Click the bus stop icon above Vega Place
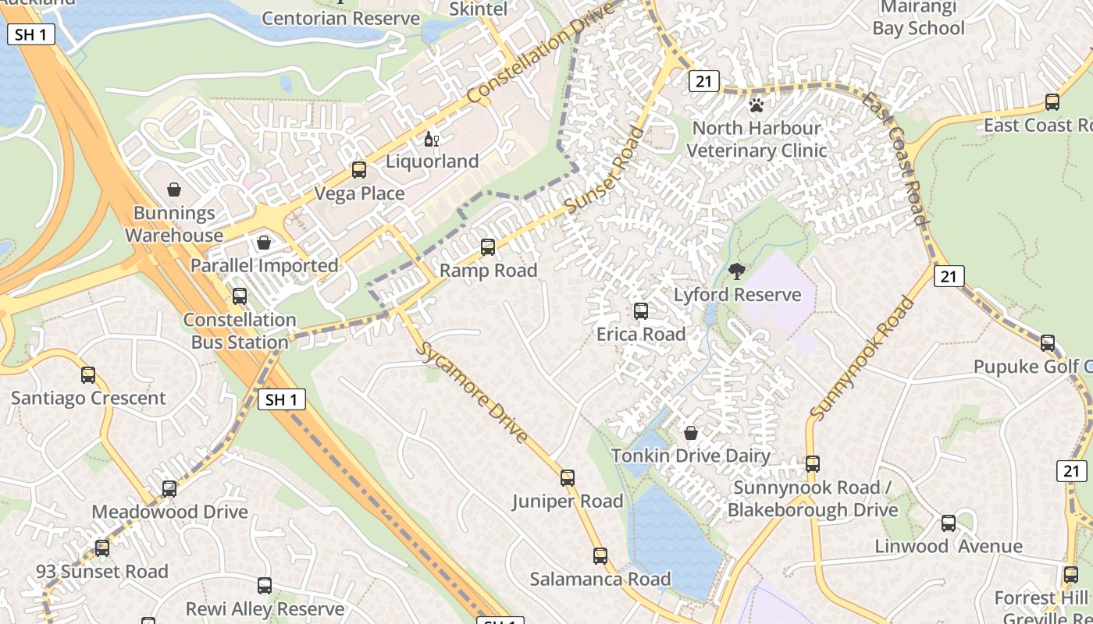pyautogui.click(x=359, y=169)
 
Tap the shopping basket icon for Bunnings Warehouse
pyautogui.click(x=174, y=190)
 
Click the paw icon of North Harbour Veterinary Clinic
pyautogui.click(x=756, y=105)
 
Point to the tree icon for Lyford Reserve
pyautogui.click(x=736, y=271)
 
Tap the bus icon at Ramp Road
pyautogui.click(x=488, y=247)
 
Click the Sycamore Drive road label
pyautogui.click(x=474, y=392)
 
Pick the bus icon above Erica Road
pyautogui.click(x=641, y=311)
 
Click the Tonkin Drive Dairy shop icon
pyautogui.click(x=691, y=433)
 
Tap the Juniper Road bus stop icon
pyautogui.click(x=568, y=478)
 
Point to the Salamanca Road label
pyautogui.click(x=600, y=579)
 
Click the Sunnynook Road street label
pyautogui.click(x=862, y=357)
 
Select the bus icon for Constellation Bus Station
pyautogui.click(x=240, y=296)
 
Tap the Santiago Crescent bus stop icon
pyautogui.click(x=88, y=375)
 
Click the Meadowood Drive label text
pyautogui.click(x=169, y=512)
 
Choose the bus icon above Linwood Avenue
pyautogui.click(x=949, y=523)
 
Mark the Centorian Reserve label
pyautogui.click(x=340, y=17)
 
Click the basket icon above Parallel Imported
pyautogui.click(x=264, y=243)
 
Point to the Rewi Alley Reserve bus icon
pyautogui.click(x=265, y=586)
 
